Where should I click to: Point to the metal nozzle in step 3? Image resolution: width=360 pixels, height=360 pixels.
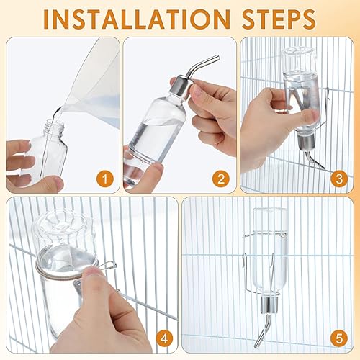[309, 156]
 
